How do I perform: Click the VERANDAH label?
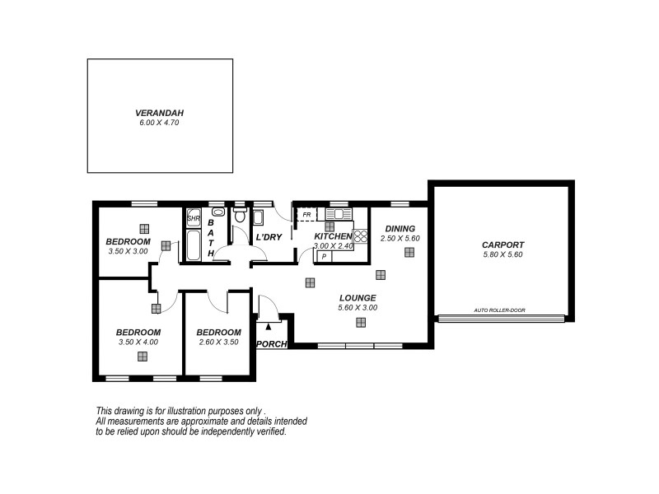pos(160,113)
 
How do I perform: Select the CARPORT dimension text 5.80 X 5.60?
pos(502,254)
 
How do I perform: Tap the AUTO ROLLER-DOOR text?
pos(499,310)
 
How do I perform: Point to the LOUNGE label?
pos(357,298)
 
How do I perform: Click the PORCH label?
pos(271,344)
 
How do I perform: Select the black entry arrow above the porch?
pos(267,327)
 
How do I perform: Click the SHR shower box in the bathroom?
pos(194,219)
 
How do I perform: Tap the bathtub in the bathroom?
pos(194,245)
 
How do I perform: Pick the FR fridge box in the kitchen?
pos(306,216)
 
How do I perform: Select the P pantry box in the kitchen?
pos(324,256)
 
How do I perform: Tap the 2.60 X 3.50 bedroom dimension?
pos(217,342)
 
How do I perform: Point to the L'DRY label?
pos(269,237)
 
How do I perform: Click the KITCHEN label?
pos(333,236)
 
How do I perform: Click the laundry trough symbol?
pos(258,218)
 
